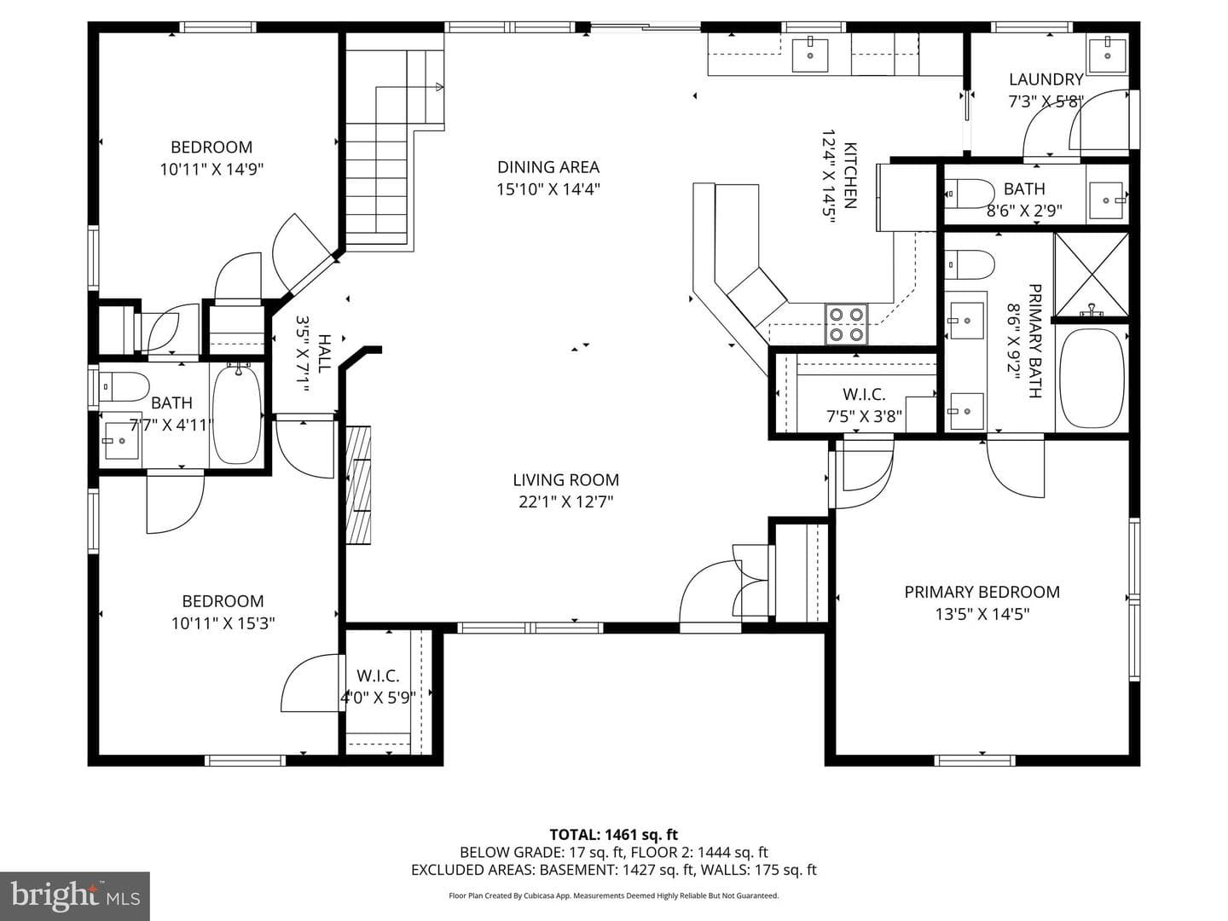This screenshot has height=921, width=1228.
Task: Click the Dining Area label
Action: pyautogui.click(x=547, y=166)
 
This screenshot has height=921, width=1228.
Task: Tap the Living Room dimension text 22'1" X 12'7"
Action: pyautogui.click(x=565, y=502)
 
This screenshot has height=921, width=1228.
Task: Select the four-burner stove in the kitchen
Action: pyautogui.click(x=847, y=324)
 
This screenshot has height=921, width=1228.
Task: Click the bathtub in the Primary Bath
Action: pyautogui.click(x=1092, y=378)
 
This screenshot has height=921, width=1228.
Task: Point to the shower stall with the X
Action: pyautogui.click(x=1091, y=275)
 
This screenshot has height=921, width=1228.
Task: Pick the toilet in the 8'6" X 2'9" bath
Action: pyautogui.click(x=969, y=194)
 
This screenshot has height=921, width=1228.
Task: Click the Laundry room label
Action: pyautogui.click(x=1046, y=79)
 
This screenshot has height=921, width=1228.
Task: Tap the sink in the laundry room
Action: pyautogui.click(x=1107, y=53)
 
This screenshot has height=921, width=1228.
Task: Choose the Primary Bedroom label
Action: pyautogui.click(x=982, y=592)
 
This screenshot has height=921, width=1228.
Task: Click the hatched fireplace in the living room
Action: pyautogui.click(x=358, y=485)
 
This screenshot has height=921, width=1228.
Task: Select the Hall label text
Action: pyautogui.click(x=324, y=354)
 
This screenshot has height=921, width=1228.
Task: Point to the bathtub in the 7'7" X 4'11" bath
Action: pyautogui.click(x=238, y=414)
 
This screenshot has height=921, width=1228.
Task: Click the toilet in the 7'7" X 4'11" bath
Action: pyautogui.click(x=125, y=387)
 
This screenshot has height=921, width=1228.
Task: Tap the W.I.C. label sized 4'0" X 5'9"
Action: pyautogui.click(x=378, y=675)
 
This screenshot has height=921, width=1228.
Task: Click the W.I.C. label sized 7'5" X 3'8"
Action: pyautogui.click(x=865, y=394)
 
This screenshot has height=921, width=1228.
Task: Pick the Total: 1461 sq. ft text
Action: pyautogui.click(x=614, y=835)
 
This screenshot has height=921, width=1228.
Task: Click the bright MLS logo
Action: pyautogui.click(x=75, y=895)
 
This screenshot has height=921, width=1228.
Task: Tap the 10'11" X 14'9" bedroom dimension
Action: pyautogui.click(x=211, y=170)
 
